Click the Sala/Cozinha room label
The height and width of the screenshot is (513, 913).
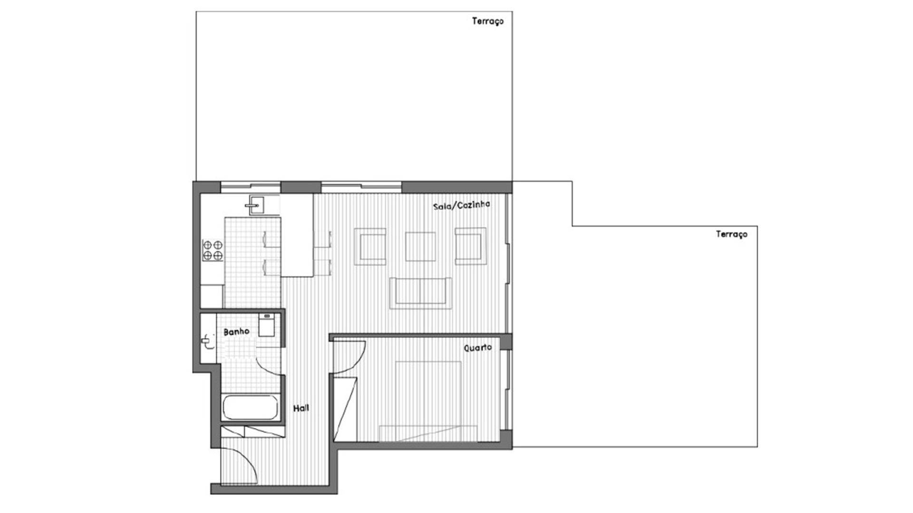(x=461, y=205)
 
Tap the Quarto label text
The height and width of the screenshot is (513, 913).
(x=478, y=348)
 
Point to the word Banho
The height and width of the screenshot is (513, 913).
(x=236, y=332)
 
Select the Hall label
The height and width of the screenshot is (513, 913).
(x=301, y=408)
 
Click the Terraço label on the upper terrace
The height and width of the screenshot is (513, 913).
(x=488, y=21)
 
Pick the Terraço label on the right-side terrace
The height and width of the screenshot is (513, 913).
(x=732, y=234)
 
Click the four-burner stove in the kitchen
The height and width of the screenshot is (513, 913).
(x=213, y=250)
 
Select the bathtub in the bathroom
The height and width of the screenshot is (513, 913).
(x=251, y=408)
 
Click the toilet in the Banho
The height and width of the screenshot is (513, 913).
(x=266, y=325)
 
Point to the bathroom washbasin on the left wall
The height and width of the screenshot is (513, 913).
(x=208, y=340)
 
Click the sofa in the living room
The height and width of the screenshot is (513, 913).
(x=420, y=293)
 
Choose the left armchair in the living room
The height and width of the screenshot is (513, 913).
(x=370, y=247)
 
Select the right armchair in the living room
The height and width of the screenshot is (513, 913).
(x=470, y=247)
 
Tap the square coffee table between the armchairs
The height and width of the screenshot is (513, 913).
(x=420, y=247)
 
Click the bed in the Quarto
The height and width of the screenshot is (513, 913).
(x=428, y=401)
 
